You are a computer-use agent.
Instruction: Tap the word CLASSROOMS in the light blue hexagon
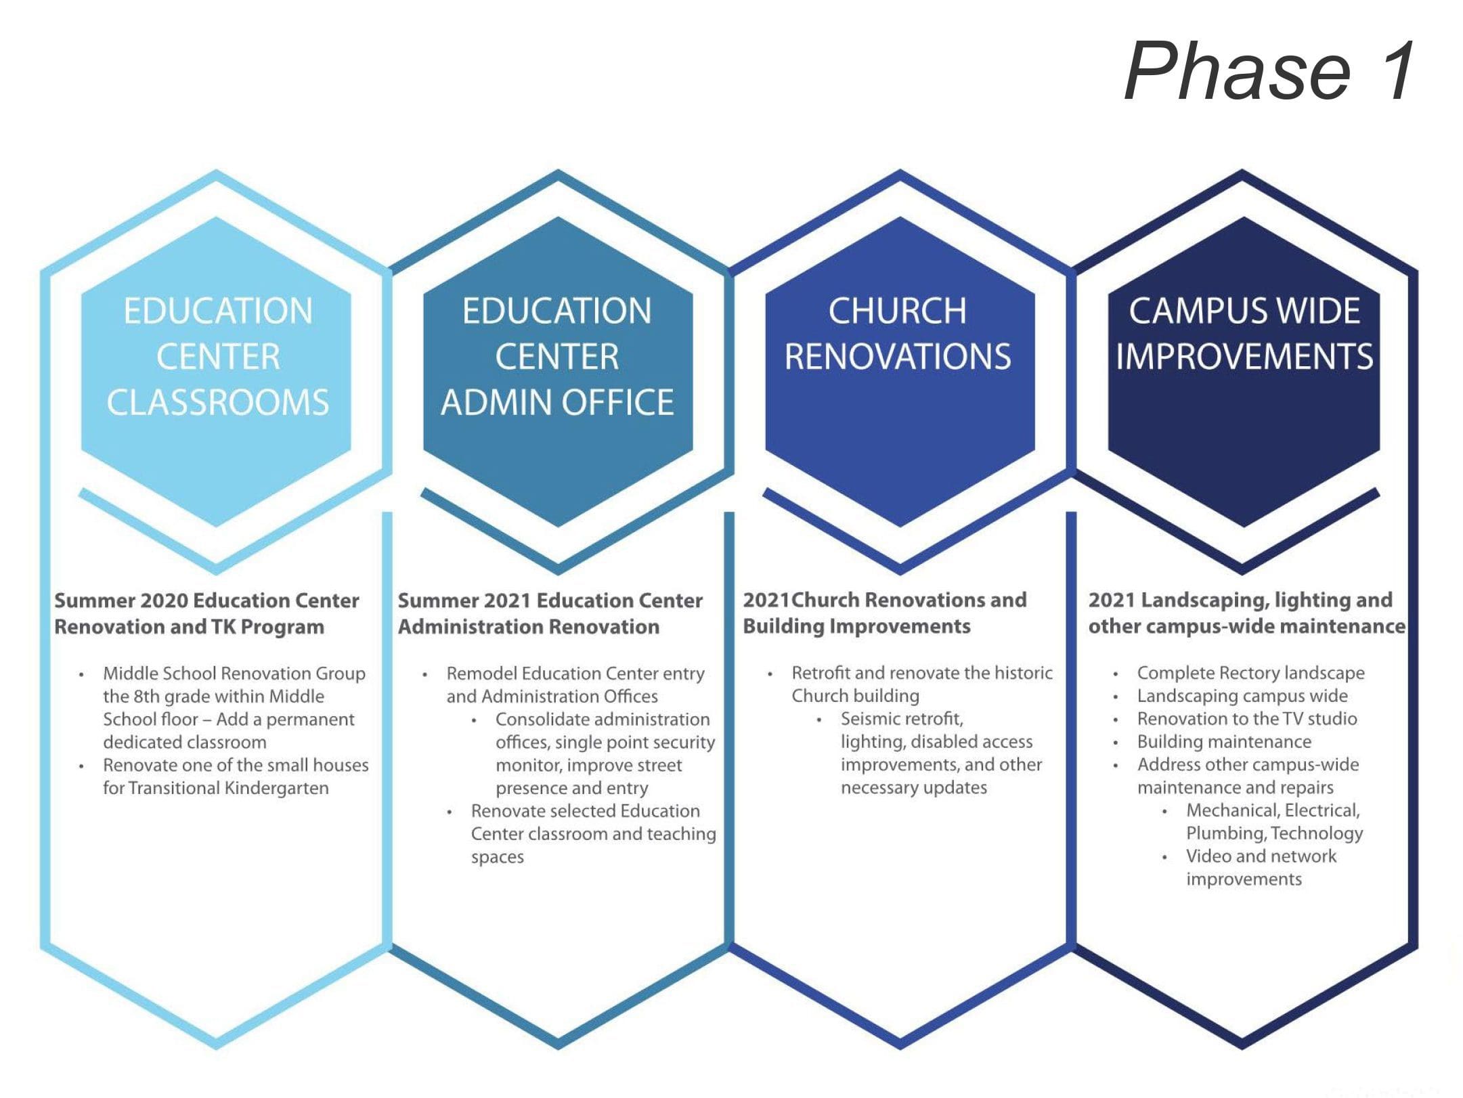click(217, 402)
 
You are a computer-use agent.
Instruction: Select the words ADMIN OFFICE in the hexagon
click(557, 402)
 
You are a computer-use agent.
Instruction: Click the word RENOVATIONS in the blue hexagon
click(898, 356)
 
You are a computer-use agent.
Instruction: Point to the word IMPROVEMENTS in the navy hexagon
click(1244, 356)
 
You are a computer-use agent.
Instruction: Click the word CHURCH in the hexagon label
click(898, 311)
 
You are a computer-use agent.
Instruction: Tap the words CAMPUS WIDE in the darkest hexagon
click(1244, 311)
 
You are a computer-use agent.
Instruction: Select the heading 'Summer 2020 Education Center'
click(206, 600)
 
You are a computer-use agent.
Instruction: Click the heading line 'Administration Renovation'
click(529, 627)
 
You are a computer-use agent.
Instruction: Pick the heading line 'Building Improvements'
click(856, 626)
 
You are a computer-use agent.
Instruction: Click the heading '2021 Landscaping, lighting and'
click(1240, 600)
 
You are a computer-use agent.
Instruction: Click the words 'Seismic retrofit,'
click(902, 718)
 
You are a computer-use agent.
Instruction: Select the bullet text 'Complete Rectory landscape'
click(1251, 673)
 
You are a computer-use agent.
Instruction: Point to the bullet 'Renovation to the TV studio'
click(1247, 718)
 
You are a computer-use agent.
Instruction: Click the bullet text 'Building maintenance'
click(1224, 741)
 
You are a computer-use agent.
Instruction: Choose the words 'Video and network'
click(1261, 856)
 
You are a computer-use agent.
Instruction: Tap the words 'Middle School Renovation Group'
click(234, 674)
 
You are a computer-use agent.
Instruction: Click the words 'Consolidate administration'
click(603, 719)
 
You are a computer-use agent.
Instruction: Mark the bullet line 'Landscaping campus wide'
click(1242, 696)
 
